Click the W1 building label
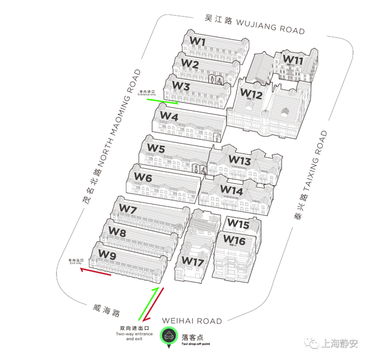point(198,41)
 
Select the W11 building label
point(292,60)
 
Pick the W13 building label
point(239,160)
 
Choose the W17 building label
point(192,261)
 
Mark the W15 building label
point(238,224)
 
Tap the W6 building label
point(143,178)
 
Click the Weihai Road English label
point(192,320)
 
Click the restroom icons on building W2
point(216,79)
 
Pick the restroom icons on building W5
point(199,170)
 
